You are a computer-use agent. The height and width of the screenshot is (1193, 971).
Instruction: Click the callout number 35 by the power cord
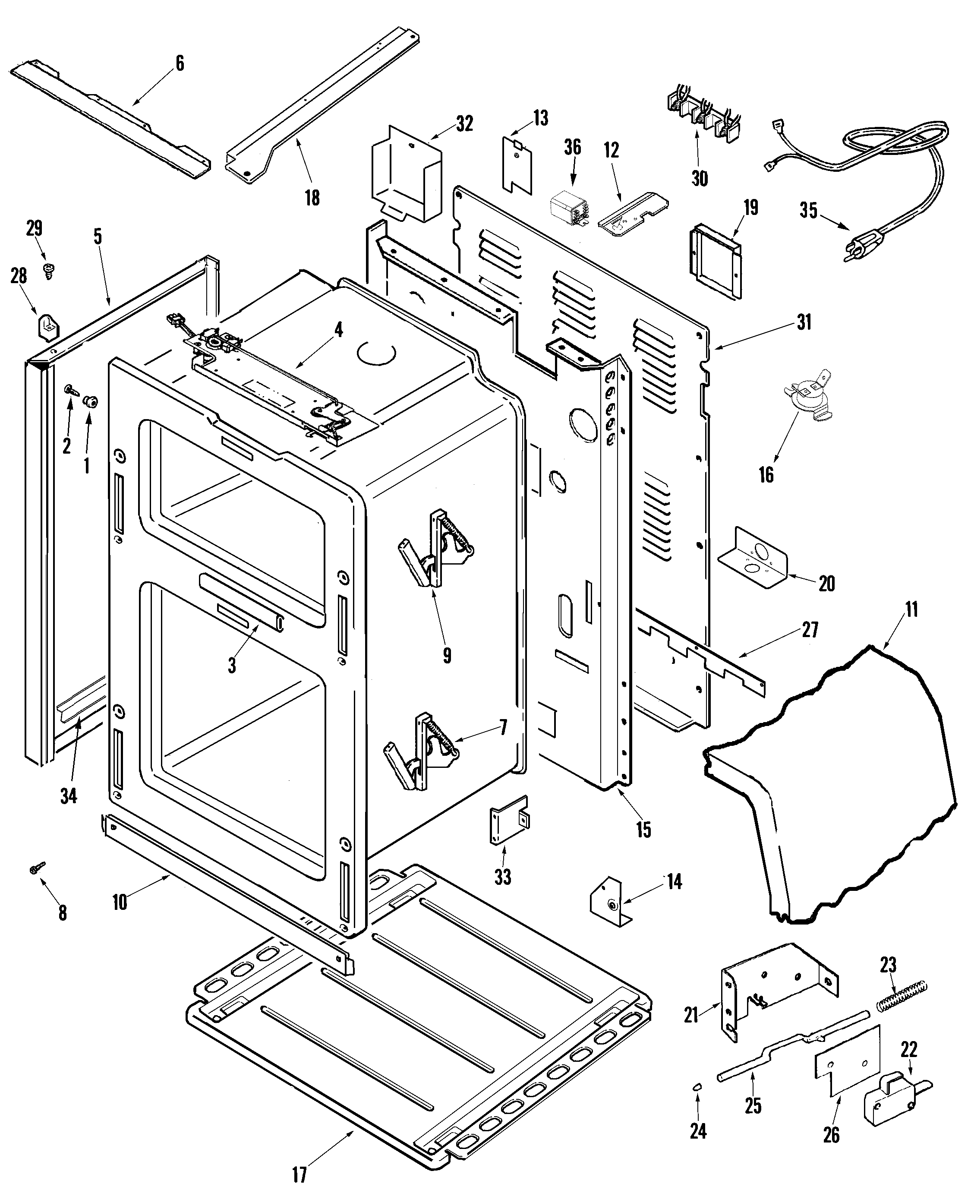tap(808, 211)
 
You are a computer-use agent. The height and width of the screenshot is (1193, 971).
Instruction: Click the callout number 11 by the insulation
tap(911, 609)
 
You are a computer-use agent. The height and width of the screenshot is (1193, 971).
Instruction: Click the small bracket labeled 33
tap(508, 819)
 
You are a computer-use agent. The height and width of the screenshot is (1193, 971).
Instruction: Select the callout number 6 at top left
tap(180, 63)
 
